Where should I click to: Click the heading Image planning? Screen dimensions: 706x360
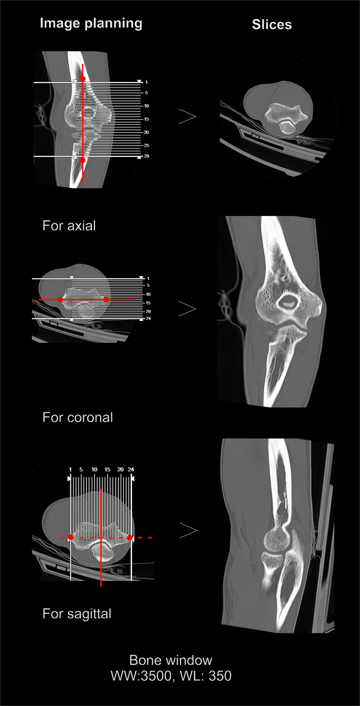[91, 24]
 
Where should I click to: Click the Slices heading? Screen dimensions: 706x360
[272, 24]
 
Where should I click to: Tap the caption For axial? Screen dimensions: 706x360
[69, 226]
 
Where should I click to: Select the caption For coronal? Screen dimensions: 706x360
[78, 417]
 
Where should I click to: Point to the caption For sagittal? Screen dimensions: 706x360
[77, 614]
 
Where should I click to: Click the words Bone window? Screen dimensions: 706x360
[171, 660]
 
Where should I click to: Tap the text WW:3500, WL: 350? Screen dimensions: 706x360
[171, 676]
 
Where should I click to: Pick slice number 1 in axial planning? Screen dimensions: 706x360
[146, 82]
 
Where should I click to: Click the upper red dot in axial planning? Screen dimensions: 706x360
[82, 78]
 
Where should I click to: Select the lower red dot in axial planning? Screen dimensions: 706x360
[82, 161]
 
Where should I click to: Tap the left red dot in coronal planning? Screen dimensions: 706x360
[61, 300]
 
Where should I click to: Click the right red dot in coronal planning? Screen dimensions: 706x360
[106, 300]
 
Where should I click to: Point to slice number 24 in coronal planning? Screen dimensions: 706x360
[148, 318]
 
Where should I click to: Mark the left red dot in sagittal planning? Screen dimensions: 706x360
[70, 537]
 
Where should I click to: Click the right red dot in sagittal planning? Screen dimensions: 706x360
[130, 537]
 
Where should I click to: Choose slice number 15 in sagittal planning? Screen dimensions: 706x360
[107, 470]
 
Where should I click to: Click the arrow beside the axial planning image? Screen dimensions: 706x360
[187, 117]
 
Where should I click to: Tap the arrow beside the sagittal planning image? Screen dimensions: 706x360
[188, 530]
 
